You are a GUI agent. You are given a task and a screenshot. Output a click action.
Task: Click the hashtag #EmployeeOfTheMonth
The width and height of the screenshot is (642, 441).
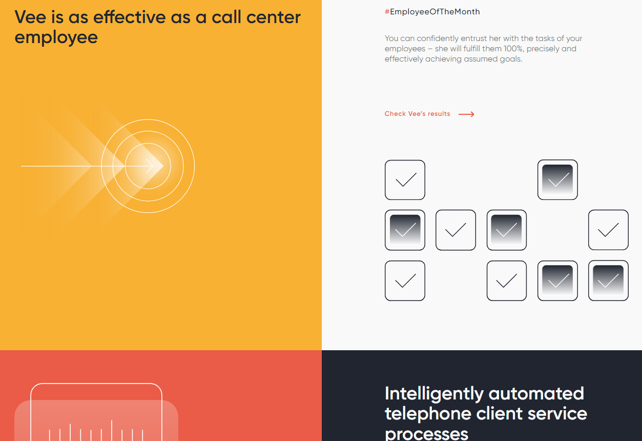[x=432, y=12]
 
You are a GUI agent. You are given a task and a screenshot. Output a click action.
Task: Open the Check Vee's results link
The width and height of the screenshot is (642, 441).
[x=417, y=114]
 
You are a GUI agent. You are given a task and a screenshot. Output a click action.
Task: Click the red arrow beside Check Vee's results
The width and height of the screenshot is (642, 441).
[x=466, y=114]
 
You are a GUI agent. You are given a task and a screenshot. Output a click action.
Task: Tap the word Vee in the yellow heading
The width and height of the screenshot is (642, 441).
[x=30, y=17]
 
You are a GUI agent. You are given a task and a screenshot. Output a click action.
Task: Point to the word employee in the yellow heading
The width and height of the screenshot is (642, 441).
[x=56, y=38]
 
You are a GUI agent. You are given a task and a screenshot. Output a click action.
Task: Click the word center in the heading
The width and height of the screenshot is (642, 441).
[x=274, y=17]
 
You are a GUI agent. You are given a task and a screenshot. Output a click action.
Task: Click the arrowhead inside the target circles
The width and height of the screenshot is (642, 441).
[x=150, y=166]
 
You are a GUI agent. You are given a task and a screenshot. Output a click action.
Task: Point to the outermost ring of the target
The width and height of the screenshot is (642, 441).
[x=194, y=166]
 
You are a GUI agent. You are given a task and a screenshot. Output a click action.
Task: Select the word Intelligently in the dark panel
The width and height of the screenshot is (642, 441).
[x=434, y=394]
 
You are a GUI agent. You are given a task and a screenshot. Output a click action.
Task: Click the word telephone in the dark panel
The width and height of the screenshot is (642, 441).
[x=428, y=413]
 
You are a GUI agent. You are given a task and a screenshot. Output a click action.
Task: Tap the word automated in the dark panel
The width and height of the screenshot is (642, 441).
[x=536, y=393]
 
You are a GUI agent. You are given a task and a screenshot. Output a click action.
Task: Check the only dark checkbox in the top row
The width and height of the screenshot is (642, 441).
[x=557, y=180]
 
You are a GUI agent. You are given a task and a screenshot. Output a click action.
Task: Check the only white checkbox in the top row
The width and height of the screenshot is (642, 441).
[x=405, y=180]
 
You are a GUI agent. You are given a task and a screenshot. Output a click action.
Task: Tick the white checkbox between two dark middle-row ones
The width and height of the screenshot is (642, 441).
[x=455, y=230]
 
